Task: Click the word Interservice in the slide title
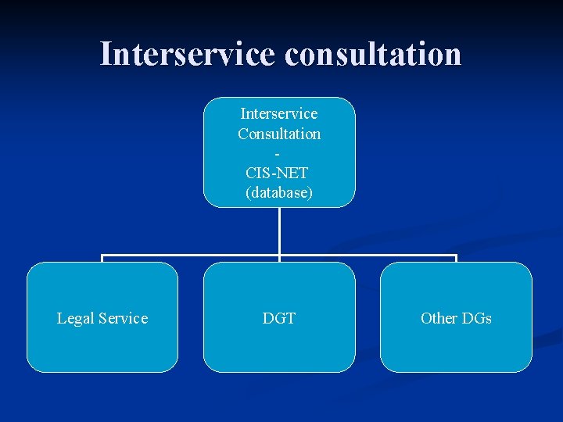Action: [188, 54]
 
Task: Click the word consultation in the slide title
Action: [373, 54]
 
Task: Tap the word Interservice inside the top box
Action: [279, 114]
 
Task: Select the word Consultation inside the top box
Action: [279, 134]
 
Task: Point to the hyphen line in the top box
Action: [279, 154]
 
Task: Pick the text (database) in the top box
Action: [279, 192]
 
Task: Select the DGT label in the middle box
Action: [279, 318]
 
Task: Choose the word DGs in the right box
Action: [476, 318]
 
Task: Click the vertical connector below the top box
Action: [279, 231]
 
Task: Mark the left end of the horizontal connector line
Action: [103, 256]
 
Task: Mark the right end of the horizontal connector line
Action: [455, 256]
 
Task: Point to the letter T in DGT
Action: [290, 318]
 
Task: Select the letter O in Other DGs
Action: [426, 318]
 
